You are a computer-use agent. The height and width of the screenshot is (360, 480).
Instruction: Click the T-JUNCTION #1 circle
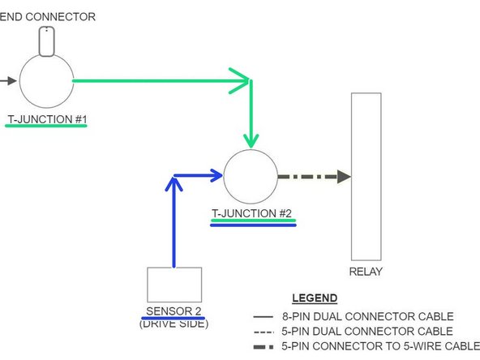tap(45, 81)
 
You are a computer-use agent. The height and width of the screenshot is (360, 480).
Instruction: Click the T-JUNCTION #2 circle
tap(251, 176)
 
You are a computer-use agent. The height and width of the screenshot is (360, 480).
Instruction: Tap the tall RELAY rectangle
tap(366, 175)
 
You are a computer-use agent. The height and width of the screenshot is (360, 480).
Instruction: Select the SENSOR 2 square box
tap(174, 285)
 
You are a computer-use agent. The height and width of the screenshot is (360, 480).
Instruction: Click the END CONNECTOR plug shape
tap(47, 41)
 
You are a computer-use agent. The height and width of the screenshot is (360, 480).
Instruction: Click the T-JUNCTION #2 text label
tap(251, 215)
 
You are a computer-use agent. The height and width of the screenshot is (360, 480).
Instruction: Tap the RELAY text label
tap(366, 272)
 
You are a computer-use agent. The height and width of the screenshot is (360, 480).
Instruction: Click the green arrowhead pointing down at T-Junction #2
tap(251, 139)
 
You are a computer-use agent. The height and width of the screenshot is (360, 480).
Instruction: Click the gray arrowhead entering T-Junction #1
tap(10, 81)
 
